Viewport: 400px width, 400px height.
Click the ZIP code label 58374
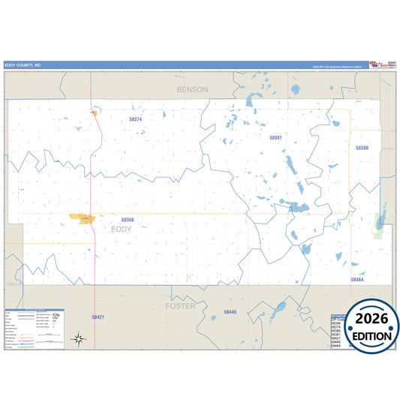[x=135, y=119]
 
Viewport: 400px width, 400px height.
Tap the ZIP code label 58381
[x=276, y=137]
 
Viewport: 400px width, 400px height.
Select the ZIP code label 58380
[x=362, y=148]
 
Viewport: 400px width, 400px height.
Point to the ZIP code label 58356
[x=128, y=220]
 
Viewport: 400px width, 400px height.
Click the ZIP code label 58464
[x=356, y=279]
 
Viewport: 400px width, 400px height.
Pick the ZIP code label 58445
[x=230, y=311]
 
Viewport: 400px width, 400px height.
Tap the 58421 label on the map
[x=98, y=317]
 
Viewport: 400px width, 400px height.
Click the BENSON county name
[x=191, y=89]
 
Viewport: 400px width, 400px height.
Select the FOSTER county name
[x=180, y=306]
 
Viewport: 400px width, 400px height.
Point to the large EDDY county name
[x=122, y=229]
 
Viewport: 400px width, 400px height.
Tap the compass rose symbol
[x=78, y=339]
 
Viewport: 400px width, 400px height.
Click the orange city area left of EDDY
[x=82, y=218]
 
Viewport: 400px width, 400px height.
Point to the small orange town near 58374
[x=95, y=113]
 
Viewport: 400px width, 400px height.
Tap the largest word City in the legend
[x=56, y=314]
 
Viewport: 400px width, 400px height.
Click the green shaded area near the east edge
[x=380, y=222]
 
